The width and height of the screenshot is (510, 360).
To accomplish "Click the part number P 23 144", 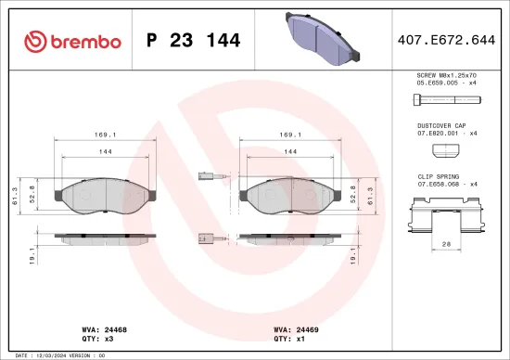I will pyautogui.click(x=194, y=40).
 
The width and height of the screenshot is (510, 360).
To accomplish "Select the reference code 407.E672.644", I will pyautogui.click(x=444, y=40).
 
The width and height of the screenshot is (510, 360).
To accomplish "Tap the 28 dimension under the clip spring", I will pyautogui.click(x=446, y=243).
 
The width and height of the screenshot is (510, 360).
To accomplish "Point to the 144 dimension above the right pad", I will pyautogui.click(x=290, y=149).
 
